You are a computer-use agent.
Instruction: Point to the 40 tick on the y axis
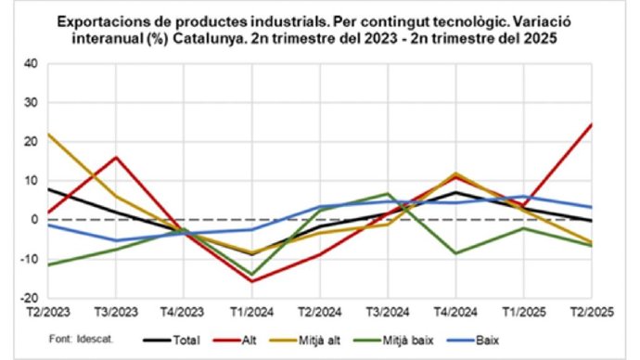(31, 64)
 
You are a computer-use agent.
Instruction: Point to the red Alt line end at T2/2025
(591, 124)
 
